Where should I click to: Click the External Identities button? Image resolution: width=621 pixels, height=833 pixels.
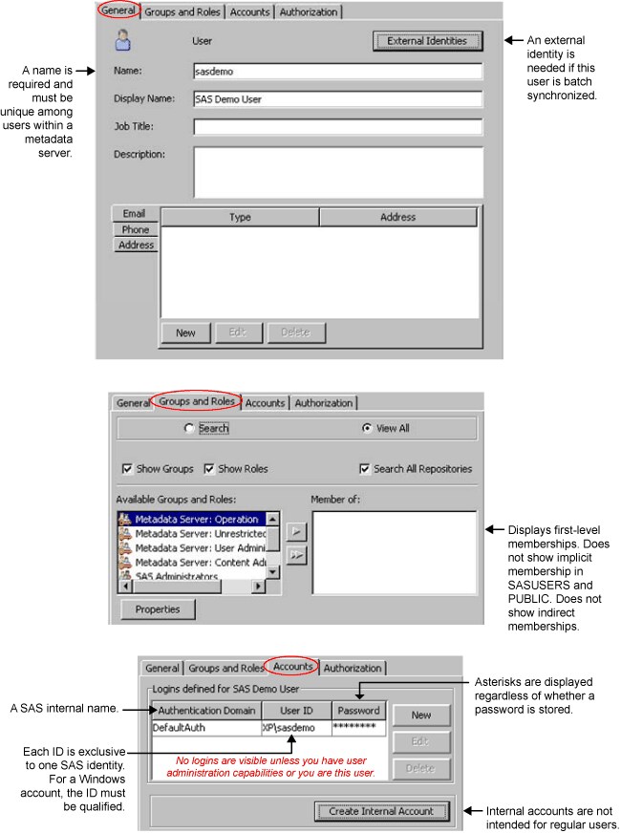pos(427,41)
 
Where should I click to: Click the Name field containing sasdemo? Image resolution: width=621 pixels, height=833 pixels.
pos(337,72)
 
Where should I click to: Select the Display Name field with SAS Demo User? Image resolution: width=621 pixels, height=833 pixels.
pos(337,99)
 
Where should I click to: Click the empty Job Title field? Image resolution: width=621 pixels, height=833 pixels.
pos(337,126)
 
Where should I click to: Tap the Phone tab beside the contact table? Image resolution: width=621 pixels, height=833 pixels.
pos(135,229)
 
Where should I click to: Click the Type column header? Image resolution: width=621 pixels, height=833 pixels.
pos(240,217)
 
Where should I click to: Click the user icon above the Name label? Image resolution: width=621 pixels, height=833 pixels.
pos(122,41)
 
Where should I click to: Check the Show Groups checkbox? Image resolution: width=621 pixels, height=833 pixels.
pos(127,469)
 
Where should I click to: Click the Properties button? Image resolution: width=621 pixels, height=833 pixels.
pos(158,609)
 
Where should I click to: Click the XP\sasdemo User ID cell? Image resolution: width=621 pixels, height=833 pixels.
pos(295,727)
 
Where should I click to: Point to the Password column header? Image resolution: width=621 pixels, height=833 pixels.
pos(358,710)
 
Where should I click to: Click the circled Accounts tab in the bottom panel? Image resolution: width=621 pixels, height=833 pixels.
pos(293,667)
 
